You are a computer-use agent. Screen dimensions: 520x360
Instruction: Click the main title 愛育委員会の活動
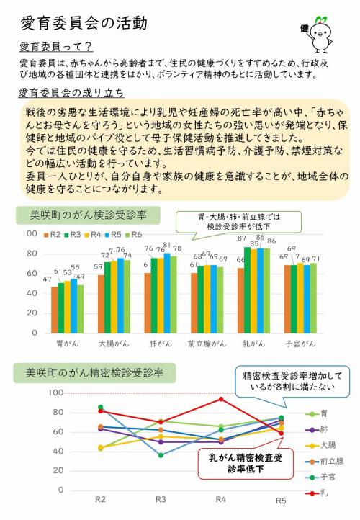(x=84, y=23)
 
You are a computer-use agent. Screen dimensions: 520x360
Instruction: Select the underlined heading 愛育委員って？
(x=55, y=48)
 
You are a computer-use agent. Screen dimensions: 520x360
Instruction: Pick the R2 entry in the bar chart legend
(x=54, y=235)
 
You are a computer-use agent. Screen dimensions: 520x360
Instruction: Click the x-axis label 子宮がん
(x=298, y=344)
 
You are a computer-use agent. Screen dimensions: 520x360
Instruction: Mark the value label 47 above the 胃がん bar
(x=48, y=279)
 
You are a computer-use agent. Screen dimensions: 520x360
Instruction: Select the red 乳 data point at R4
(x=222, y=398)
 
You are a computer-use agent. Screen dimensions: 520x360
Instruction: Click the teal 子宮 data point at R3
(x=161, y=455)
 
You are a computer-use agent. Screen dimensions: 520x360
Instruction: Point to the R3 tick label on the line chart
(x=161, y=498)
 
